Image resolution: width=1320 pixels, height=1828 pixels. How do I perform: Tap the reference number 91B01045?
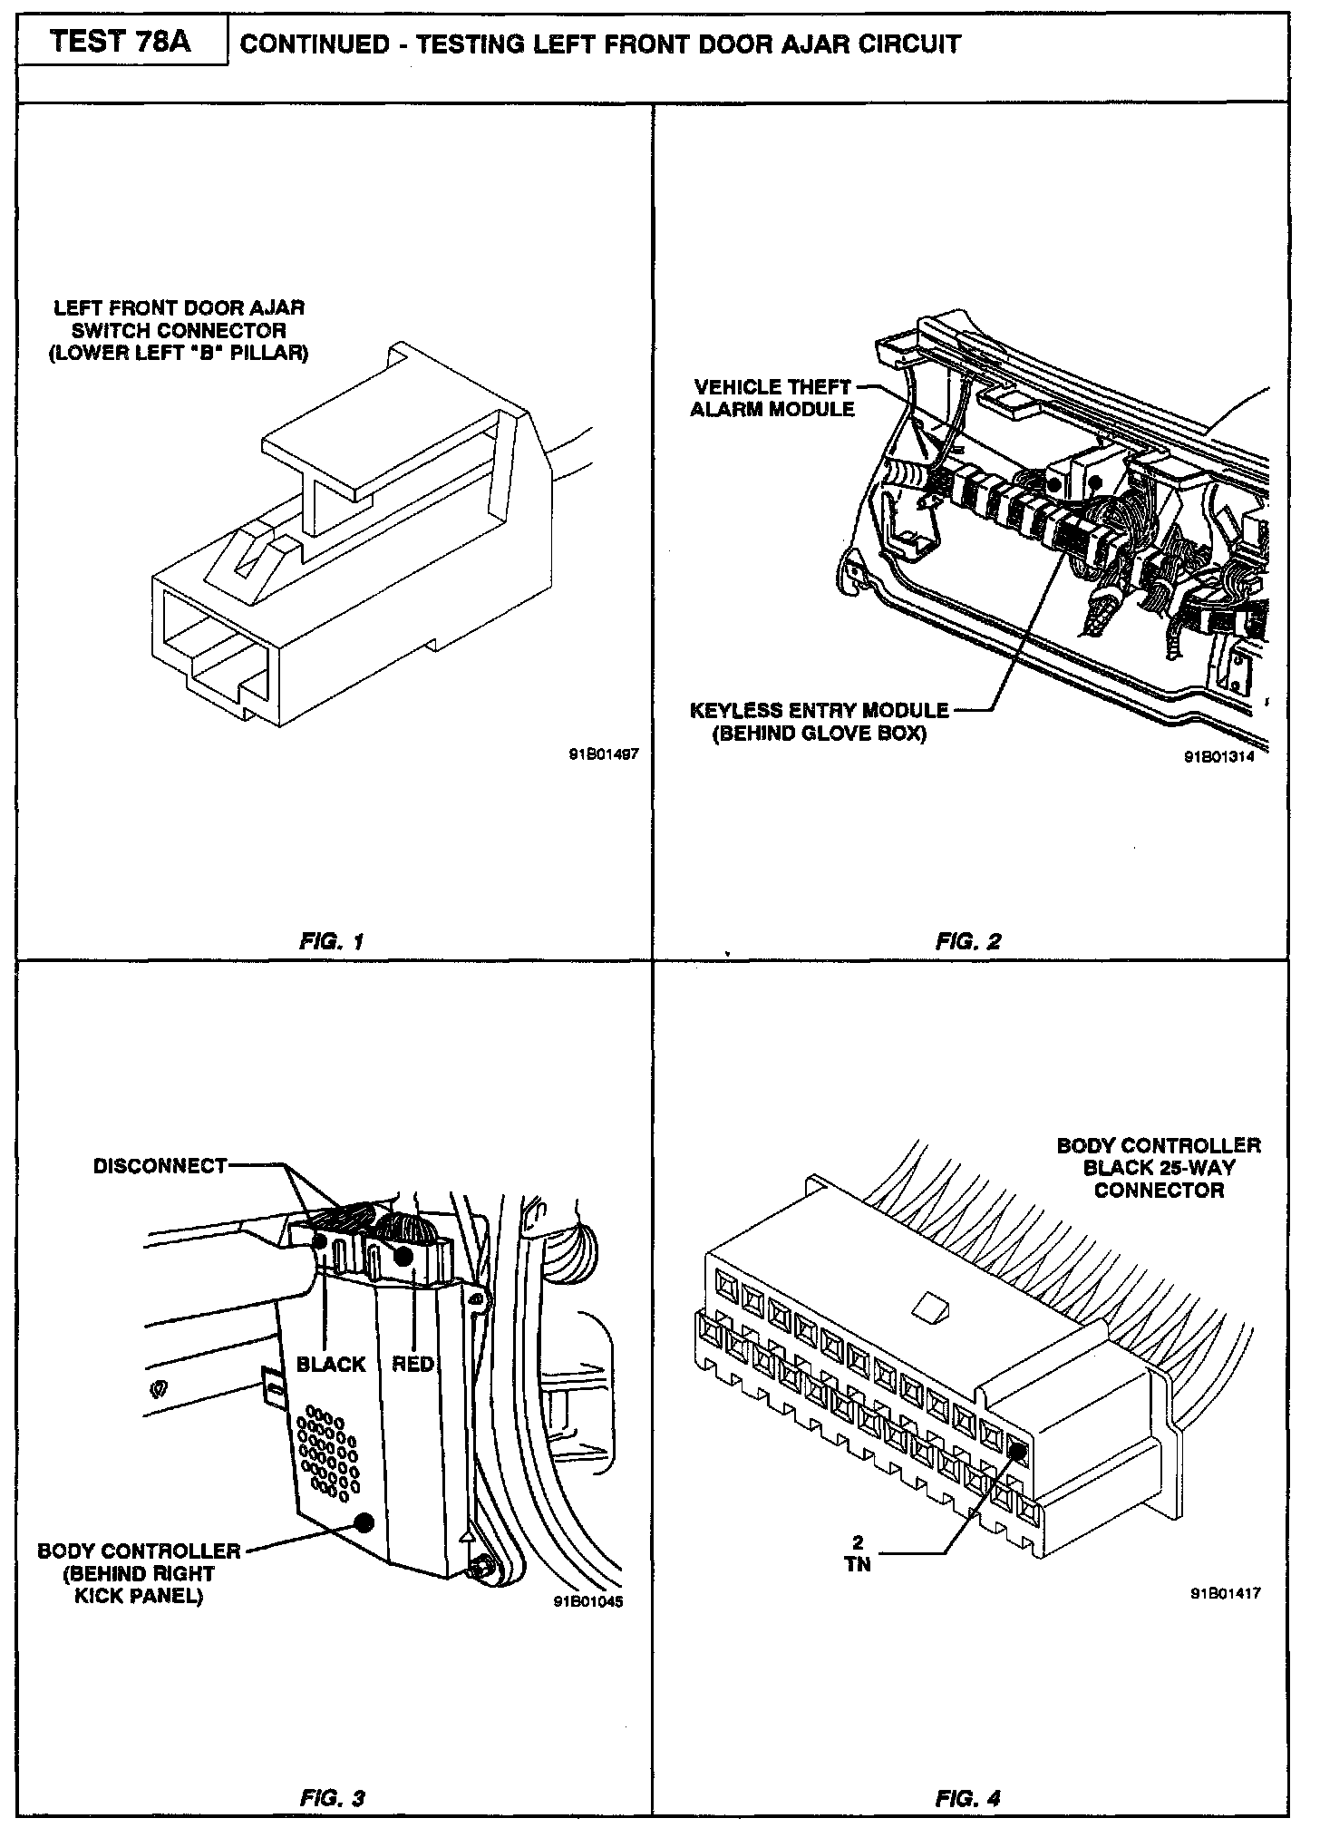(x=587, y=1599)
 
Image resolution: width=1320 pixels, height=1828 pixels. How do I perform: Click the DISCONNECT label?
(x=160, y=1166)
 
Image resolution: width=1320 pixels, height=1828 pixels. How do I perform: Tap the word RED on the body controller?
(x=412, y=1365)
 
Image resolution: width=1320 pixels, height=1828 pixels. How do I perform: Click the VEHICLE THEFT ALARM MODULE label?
(x=772, y=398)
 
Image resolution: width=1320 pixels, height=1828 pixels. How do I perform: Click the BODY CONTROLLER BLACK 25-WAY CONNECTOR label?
(x=1158, y=1168)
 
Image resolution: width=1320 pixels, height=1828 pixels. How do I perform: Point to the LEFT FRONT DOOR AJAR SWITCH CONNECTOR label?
(x=179, y=331)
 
